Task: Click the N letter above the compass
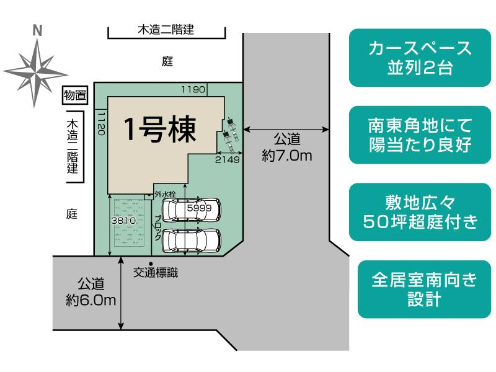pos(37,30)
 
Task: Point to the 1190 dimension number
pos(193,90)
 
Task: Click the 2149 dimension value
pos(227,159)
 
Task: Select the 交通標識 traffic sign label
pos(156,272)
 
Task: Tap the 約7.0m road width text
pos(286,156)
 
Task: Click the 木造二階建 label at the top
pos(166,29)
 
